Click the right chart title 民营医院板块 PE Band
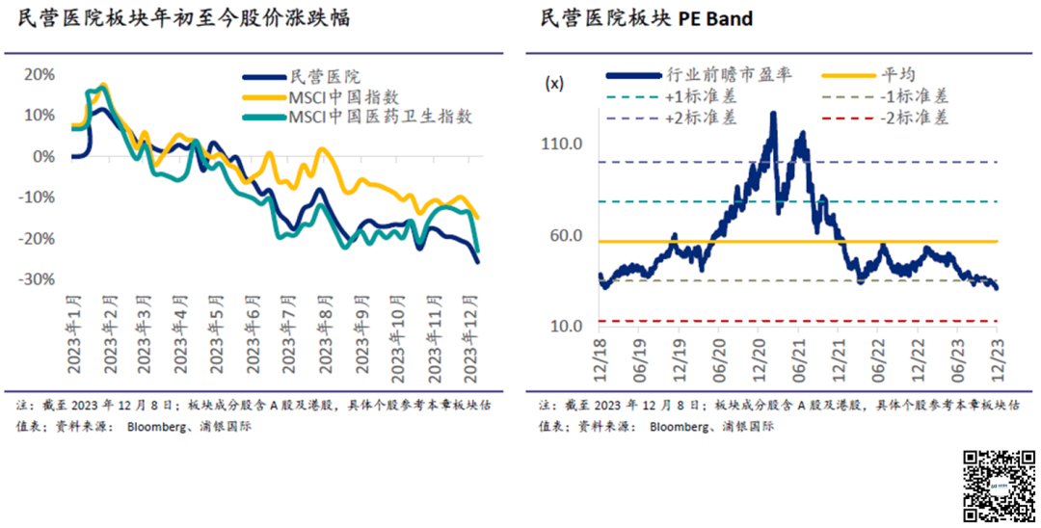647,18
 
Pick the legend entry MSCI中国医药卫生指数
381,117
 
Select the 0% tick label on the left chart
44,156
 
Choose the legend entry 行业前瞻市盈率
714,75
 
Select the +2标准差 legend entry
701,118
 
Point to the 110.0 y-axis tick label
563,145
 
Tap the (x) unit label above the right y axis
555,83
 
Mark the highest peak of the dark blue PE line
773,114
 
